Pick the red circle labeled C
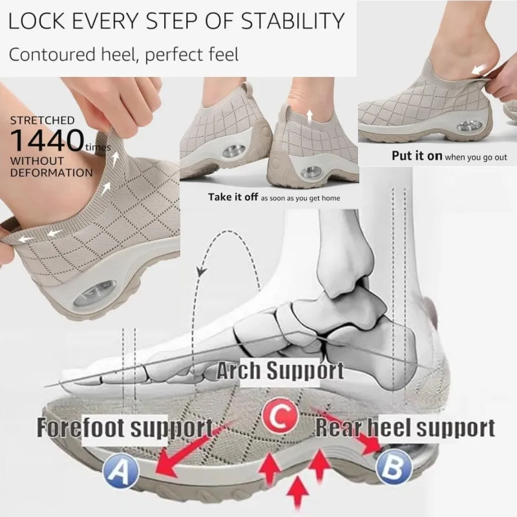[x=280, y=417]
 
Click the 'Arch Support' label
[x=280, y=371]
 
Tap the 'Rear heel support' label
[x=405, y=427]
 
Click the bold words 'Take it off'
[x=233, y=197]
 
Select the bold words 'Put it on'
[x=417, y=156]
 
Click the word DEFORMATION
[x=51, y=173]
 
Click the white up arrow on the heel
[x=309, y=116]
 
